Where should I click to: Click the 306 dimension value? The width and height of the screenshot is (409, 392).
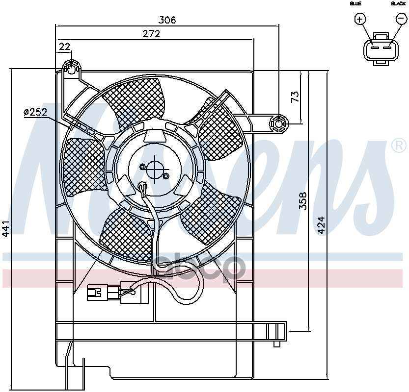(x=167, y=20)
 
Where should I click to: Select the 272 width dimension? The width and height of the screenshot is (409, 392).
(x=151, y=34)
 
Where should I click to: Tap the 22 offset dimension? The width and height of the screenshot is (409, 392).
(x=65, y=47)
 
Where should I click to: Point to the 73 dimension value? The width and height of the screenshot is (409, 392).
(x=295, y=97)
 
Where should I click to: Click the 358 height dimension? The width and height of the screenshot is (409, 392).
(x=303, y=201)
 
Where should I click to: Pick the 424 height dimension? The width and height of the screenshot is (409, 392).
(x=322, y=225)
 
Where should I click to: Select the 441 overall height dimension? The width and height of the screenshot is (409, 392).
(x=6, y=229)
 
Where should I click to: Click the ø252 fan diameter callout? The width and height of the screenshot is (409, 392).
(x=35, y=112)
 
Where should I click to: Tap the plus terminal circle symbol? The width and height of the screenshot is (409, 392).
(x=360, y=19)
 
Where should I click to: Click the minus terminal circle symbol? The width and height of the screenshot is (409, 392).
(x=401, y=19)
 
